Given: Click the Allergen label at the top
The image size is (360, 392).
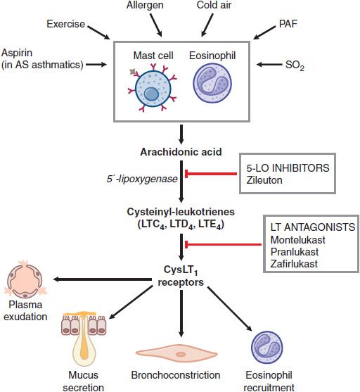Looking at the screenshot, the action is coord(145,5).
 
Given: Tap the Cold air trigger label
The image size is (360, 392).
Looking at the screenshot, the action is coord(214,5).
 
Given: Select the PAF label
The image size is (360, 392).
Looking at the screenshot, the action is coord(288,24).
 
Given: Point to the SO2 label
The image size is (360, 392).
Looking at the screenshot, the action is coord(295,65).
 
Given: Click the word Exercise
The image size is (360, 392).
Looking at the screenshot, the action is coord(65,24).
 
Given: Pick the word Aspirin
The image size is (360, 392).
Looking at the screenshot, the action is coord(17,53).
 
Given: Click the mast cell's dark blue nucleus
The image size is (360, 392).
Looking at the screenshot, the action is coord(151,94).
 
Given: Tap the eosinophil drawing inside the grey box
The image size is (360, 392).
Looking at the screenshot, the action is coord(212,83).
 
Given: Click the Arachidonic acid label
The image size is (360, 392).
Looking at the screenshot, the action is coord(181,152).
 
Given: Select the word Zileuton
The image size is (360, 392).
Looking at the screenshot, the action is coord(264,180).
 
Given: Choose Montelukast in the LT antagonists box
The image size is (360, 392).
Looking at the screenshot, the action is coord(298,240).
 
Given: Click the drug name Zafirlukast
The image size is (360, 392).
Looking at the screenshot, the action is coord(294,264).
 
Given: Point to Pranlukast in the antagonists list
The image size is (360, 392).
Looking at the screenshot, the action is coord(295,252).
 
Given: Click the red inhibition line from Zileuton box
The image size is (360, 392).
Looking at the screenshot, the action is coord(211,174).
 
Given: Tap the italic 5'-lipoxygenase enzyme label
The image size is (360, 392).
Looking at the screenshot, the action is coord(142,179).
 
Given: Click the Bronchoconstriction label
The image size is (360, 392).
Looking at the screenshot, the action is coord(176,375).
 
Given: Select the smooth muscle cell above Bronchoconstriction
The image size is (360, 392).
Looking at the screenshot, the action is coord(176,354).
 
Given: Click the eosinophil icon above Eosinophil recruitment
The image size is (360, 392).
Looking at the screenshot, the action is coord(267,348).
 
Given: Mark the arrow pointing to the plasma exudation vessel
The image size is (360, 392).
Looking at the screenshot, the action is coord(103,279).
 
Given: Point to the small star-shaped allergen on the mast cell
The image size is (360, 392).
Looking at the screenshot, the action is coord(133,72).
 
